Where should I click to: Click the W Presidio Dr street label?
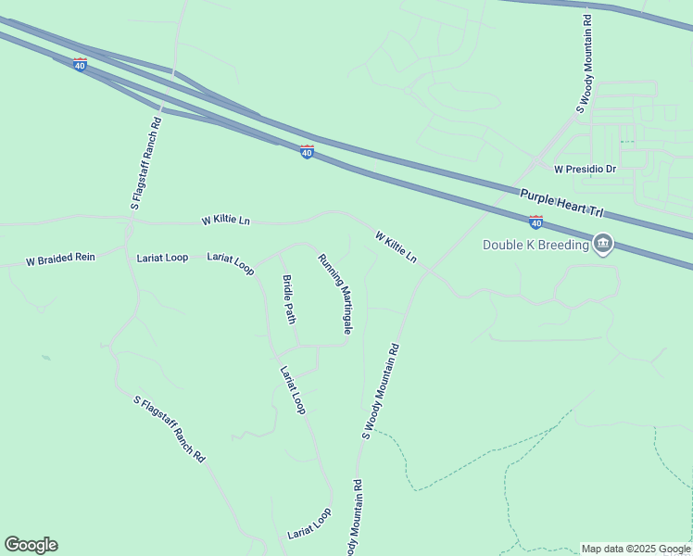585,170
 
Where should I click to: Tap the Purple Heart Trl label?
554,198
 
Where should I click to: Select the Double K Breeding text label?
535,245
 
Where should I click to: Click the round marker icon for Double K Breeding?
603,244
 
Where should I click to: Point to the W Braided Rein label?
60,260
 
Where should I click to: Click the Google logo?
31,545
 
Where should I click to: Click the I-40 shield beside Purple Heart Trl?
535,222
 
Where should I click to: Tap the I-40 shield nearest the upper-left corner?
80,64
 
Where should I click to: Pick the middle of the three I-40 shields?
307,151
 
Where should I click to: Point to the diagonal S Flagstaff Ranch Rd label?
169,429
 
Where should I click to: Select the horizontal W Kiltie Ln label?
226,221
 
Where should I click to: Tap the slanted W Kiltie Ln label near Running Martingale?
396,246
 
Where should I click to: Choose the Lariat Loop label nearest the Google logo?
309,524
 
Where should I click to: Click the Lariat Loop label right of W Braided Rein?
162,258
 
